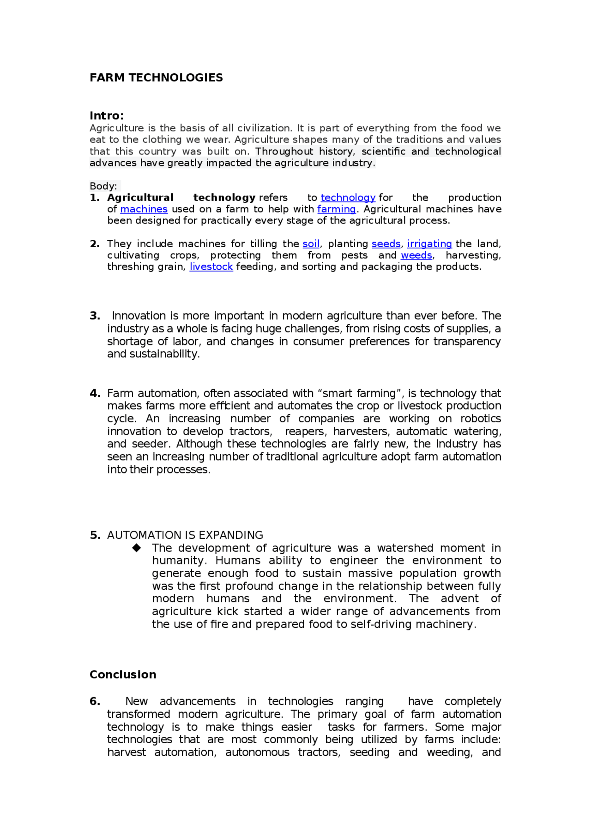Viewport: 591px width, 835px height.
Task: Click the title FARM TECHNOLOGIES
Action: point(156,77)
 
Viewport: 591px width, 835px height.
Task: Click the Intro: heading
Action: point(107,116)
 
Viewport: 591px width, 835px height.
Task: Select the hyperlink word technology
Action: point(348,198)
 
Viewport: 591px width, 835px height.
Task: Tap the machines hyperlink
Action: point(144,209)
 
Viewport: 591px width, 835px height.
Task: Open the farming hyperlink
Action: point(336,209)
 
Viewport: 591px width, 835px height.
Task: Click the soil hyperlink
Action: point(311,244)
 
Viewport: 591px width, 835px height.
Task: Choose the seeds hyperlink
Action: point(386,244)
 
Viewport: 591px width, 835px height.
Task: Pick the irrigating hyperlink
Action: point(429,244)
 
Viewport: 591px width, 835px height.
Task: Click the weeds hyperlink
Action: point(416,255)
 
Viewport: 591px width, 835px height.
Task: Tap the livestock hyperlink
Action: point(211,267)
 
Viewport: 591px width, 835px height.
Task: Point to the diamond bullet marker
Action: point(137,548)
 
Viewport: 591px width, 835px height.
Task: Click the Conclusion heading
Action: point(123,675)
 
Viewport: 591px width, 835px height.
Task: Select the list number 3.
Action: point(95,316)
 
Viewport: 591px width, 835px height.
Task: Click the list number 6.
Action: point(95,701)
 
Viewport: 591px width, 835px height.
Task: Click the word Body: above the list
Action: point(103,186)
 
